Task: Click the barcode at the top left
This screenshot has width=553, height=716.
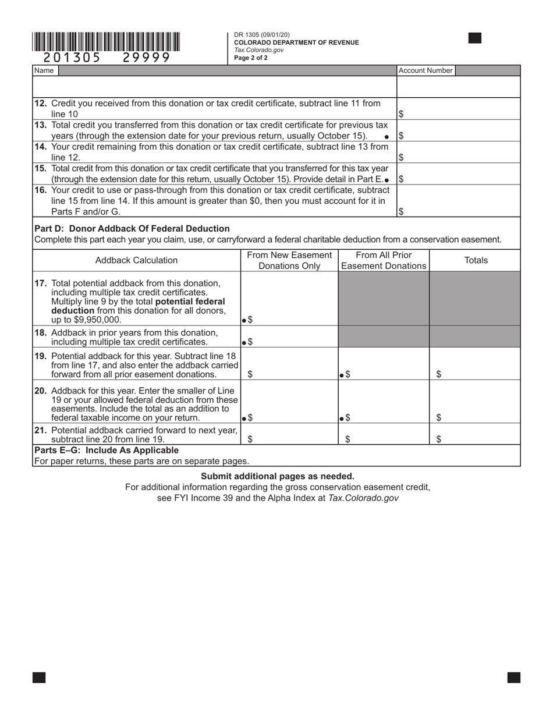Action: [106, 42]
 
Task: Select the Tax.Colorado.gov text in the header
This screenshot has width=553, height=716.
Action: [259, 50]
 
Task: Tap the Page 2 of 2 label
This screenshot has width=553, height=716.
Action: [251, 58]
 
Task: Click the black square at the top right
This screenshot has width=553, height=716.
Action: [474, 38]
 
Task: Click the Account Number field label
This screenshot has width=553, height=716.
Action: [426, 70]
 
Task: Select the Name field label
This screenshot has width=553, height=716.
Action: [44, 70]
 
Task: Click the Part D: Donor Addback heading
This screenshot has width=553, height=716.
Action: [132, 228]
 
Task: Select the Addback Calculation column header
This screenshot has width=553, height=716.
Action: [136, 260]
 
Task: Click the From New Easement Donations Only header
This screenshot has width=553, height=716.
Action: [289, 260]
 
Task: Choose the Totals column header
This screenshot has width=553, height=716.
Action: [476, 260]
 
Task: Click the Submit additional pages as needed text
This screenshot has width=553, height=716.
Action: [277, 476]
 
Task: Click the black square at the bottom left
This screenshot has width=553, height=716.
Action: [39, 677]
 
